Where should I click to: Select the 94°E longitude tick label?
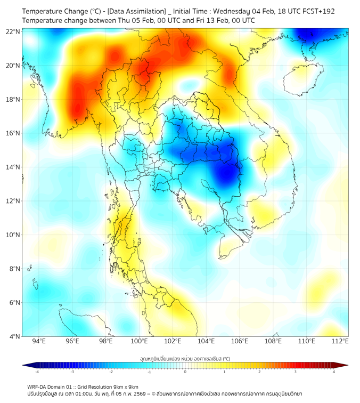point(39,341)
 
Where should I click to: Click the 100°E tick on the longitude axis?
point(140,341)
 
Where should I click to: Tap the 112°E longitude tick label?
point(340,341)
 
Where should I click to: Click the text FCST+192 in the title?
point(317,11)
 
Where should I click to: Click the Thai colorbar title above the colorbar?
point(185,358)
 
